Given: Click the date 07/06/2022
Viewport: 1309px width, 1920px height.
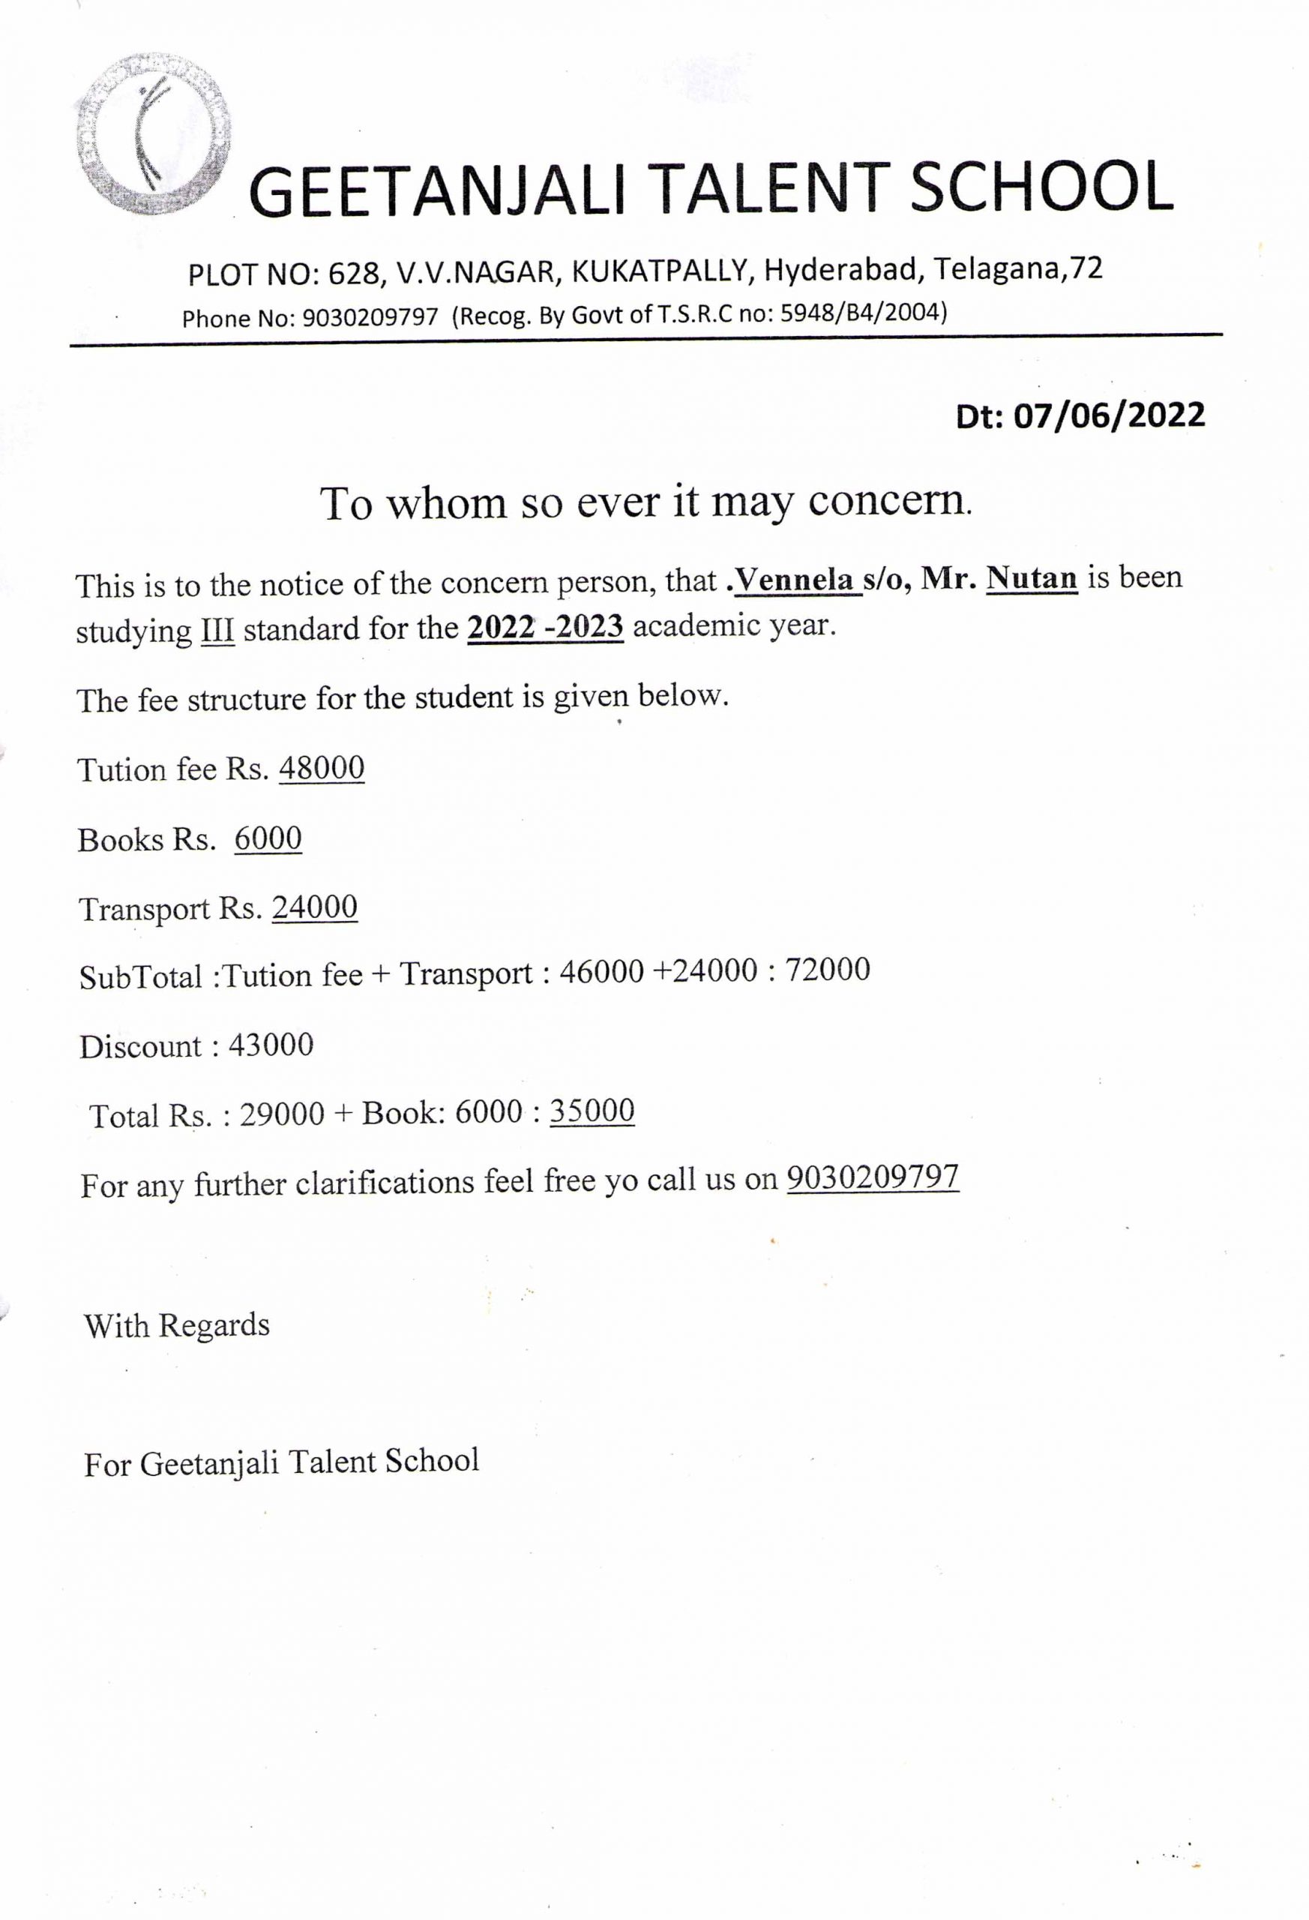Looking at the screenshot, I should (x=1109, y=415).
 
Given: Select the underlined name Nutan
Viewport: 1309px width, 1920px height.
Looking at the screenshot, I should (x=1032, y=577).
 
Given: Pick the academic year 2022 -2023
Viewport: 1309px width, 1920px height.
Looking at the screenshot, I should (x=545, y=627).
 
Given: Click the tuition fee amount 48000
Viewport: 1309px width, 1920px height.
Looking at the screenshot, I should (x=322, y=768).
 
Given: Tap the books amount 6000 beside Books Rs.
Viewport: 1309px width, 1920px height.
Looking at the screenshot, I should (x=268, y=838).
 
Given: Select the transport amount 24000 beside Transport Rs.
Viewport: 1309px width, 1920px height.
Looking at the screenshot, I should (x=315, y=908).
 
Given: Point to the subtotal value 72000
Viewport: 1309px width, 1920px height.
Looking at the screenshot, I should (x=828, y=970).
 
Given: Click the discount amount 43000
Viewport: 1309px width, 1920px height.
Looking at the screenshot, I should (x=271, y=1045).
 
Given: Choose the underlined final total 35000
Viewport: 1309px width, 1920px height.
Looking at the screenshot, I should (x=592, y=1111).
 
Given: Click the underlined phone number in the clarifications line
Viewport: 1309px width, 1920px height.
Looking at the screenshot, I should (x=872, y=1177).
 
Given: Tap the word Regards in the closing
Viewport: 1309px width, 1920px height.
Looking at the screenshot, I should (x=214, y=1325).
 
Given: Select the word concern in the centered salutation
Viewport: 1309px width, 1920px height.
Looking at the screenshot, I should (x=889, y=501).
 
